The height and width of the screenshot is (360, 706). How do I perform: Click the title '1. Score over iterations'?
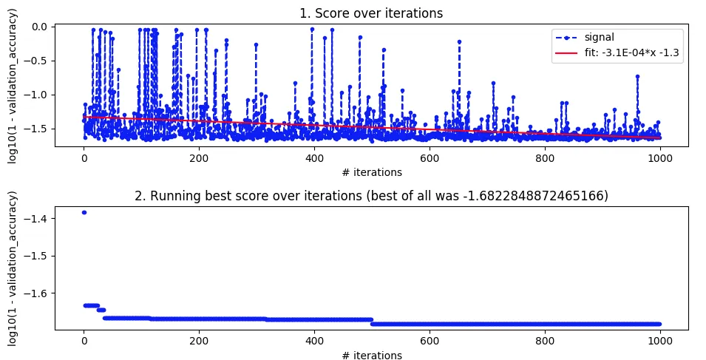click(x=372, y=13)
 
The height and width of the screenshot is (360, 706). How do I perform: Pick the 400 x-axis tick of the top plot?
click(x=314, y=157)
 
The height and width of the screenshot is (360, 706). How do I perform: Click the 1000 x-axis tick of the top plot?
click(x=660, y=157)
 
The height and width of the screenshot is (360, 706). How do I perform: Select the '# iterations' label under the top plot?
click(x=372, y=172)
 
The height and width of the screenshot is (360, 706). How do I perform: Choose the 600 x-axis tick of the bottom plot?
click(x=430, y=341)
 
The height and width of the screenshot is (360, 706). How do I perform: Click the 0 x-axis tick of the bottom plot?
click(x=84, y=341)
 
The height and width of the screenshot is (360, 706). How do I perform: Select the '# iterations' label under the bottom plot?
click(x=372, y=356)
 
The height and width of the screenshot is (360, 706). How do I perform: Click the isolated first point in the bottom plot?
click(x=84, y=212)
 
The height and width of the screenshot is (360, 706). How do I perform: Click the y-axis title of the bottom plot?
click(x=13, y=267)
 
